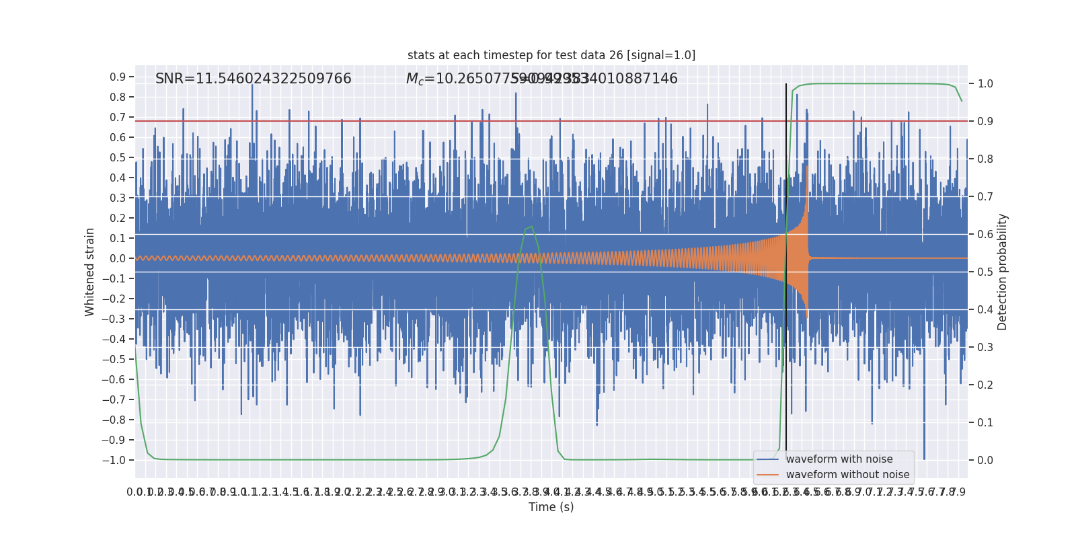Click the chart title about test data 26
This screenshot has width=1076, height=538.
551,55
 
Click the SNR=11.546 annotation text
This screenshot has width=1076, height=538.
253,79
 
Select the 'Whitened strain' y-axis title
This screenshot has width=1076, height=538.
90,272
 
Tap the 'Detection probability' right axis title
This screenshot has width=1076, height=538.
1003,272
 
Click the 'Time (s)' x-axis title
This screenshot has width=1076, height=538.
551,507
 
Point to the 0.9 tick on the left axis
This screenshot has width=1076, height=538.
118,77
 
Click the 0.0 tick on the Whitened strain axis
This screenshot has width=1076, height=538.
118,258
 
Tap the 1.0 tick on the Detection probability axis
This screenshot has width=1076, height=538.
985,83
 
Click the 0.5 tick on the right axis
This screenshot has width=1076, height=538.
985,272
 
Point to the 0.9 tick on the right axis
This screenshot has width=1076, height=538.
985,121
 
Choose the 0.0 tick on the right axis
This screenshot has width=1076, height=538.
985,460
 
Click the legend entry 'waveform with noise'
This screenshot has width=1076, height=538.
839,459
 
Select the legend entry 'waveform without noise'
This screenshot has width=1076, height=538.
847,475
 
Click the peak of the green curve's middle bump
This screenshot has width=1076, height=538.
531,227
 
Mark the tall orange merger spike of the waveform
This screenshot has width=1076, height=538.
806,175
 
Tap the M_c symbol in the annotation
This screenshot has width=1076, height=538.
415,79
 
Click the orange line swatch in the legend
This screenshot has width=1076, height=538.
767,475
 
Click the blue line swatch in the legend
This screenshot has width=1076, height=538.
767,459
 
